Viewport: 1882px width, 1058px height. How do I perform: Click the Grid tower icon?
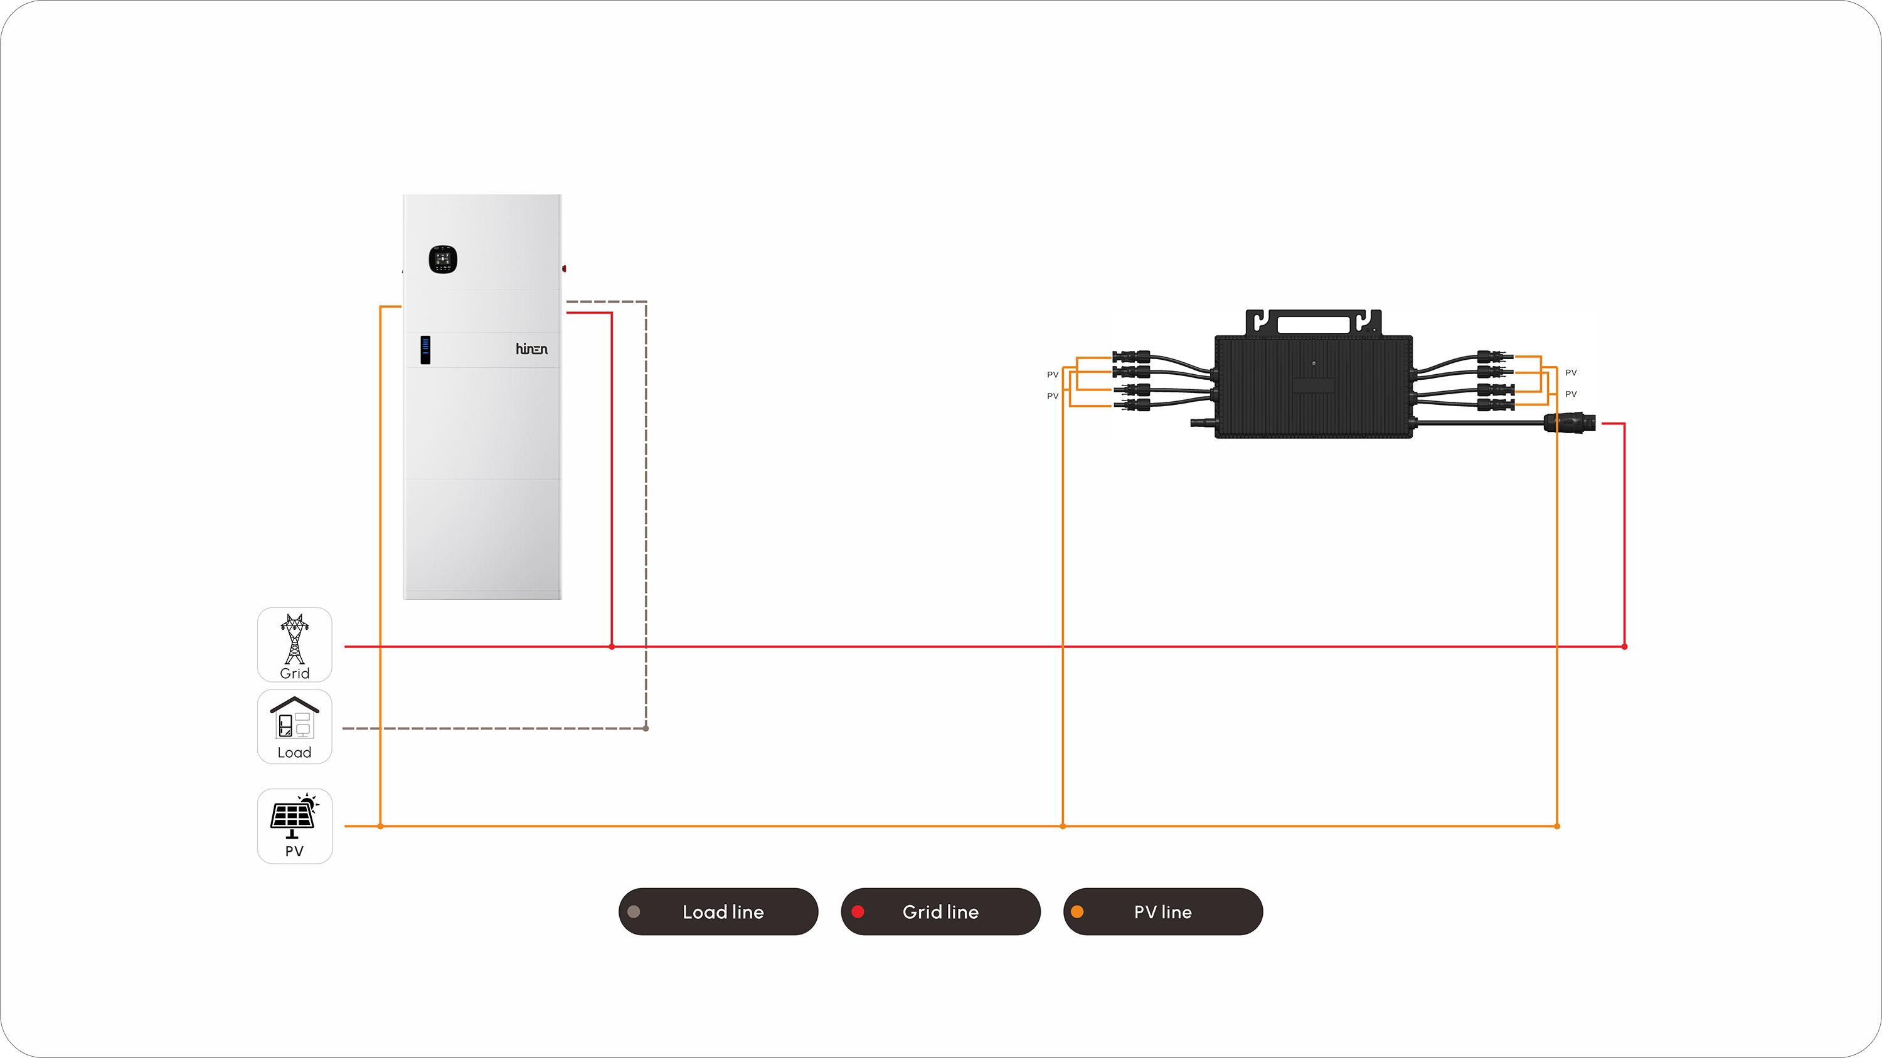click(294, 637)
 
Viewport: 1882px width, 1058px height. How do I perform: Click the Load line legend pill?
click(718, 911)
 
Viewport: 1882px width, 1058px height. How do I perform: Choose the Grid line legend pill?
click(940, 911)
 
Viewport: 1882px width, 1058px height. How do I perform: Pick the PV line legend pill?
click(1162, 911)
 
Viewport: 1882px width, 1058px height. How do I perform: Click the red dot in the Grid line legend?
click(858, 911)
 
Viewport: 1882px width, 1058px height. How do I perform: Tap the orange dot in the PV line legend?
click(1077, 911)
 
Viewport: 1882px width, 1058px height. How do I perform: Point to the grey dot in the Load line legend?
click(634, 911)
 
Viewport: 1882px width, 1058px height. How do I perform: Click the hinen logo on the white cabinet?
click(531, 349)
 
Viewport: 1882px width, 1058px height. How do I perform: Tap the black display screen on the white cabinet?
click(443, 259)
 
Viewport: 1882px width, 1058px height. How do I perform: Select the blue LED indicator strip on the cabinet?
click(425, 349)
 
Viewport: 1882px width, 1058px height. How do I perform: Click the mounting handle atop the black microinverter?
click(1313, 322)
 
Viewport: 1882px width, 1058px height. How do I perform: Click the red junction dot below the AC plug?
click(1624, 646)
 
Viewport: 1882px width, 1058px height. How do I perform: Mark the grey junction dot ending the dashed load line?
click(646, 728)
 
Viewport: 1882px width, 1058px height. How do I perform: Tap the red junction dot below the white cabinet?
click(612, 646)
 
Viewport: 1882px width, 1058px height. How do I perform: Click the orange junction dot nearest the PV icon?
click(381, 826)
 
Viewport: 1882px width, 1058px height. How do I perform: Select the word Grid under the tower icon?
click(294, 673)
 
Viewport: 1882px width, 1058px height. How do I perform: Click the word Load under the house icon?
click(294, 753)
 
